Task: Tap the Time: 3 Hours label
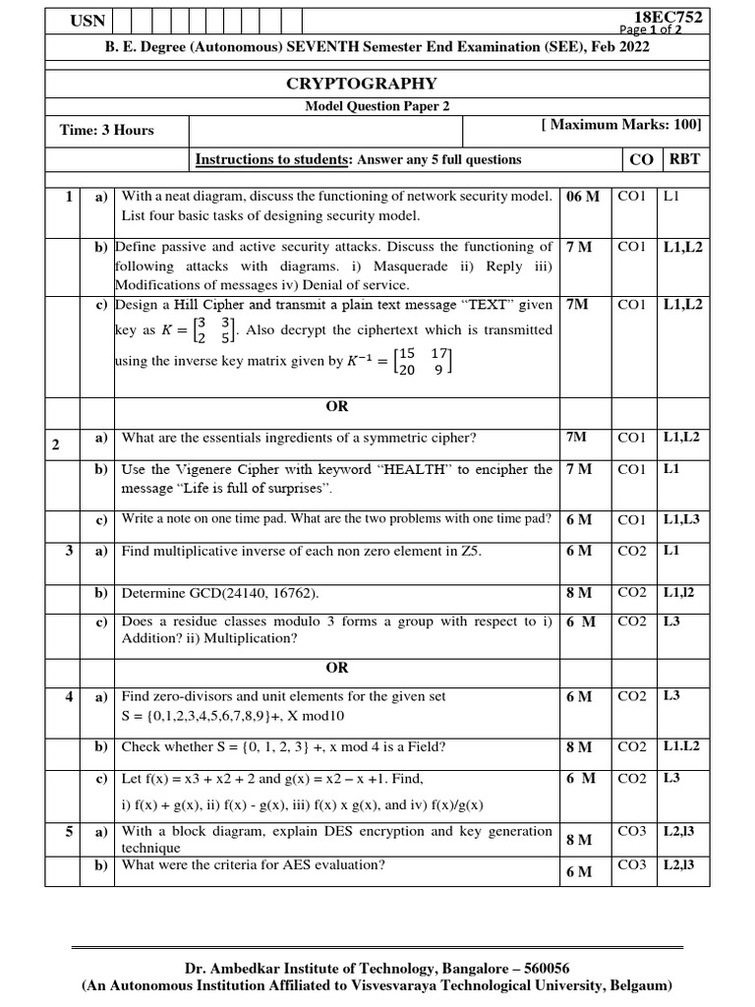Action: pyautogui.click(x=107, y=130)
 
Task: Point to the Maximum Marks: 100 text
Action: pyautogui.click(x=621, y=125)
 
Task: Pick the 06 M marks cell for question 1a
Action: pyautogui.click(x=583, y=197)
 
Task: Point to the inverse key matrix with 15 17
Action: pyautogui.click(x=424, y=361)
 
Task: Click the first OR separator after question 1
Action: pyautogui.click(x=336, y=406)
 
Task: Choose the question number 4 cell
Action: pyautogui.click(x=69, y=697)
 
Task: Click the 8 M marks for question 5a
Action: pyautogui.click(x=579, y=840)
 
